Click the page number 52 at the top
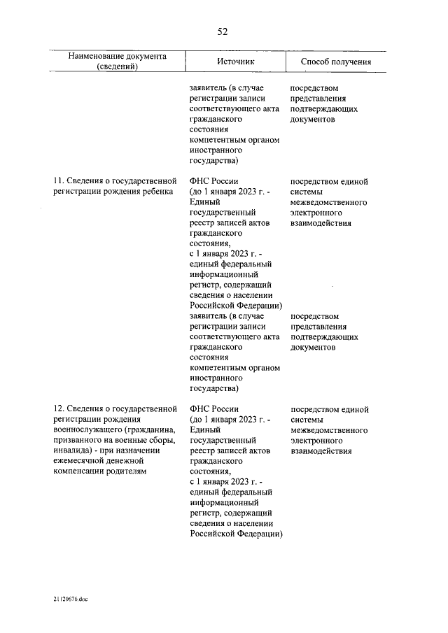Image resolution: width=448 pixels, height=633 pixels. tap(223, 31)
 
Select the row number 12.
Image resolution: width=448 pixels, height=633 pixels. tap(59, 409)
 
